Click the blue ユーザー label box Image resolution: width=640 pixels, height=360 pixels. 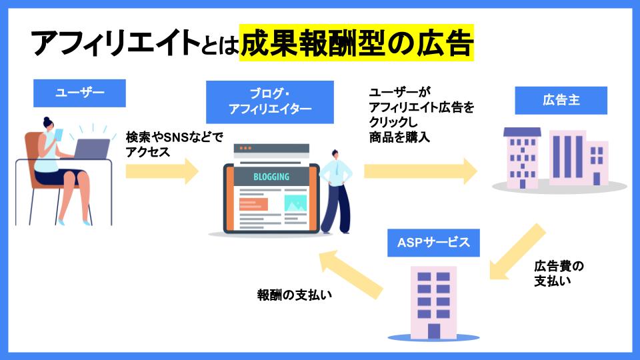(79, 93)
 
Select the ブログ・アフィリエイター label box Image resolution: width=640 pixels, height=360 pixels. (270, 101)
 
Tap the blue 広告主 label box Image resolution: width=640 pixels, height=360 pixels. (561, 101)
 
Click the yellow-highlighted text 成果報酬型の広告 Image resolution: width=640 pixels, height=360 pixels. (357, 44)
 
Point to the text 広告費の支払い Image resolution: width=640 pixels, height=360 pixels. (559, 273)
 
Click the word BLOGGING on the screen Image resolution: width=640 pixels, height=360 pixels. (271, 177)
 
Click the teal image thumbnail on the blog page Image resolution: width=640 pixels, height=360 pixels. (295, 203)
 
